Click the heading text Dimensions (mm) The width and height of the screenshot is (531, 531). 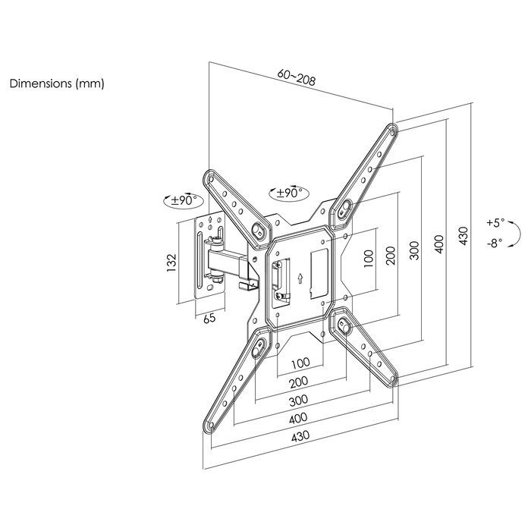point(56,84)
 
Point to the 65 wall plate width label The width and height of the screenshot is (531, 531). point(209,319)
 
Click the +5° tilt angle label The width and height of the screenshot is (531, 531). point(494,224)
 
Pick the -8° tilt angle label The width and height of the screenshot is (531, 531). point(494,244)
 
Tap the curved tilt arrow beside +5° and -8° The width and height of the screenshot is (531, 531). point(515,233)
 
